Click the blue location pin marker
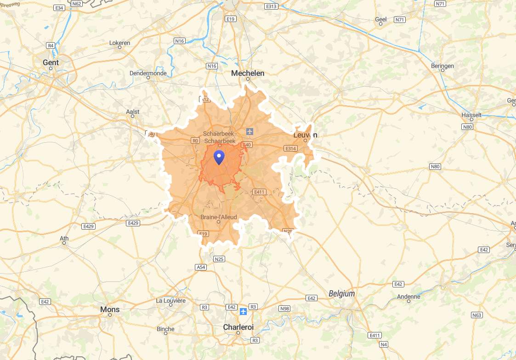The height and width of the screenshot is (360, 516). [x=219, y=157]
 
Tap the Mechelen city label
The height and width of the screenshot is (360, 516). [x=248, y=73]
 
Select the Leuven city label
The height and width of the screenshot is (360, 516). [x=306, y=135]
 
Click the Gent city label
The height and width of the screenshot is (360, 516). [x=51, y=62]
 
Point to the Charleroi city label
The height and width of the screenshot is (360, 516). [x=238, y=327]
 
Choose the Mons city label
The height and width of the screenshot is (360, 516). [x=110, y=309]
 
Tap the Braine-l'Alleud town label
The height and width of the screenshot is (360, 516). [x=218, y=217]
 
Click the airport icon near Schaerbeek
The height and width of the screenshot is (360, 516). [x=249, y=131]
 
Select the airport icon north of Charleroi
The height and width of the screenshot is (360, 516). [x=243, y=312]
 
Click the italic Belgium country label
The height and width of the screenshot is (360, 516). [x=342, y=293]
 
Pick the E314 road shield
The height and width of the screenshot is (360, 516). [x=291, y=149]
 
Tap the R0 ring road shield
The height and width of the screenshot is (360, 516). [x=196, y=141]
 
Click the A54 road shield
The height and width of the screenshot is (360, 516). [x=201, y=267]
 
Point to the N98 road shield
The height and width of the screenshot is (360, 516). [x=284, y=309]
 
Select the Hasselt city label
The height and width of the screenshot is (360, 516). [x=472, y=115]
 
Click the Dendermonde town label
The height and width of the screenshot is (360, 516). [x=148, y=73]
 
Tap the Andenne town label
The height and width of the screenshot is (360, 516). [x=409, y=297]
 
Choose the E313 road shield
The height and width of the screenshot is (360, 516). [x=271, y=6]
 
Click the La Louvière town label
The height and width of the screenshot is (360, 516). [x=171, y=301]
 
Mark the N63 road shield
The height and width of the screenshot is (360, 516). [x=477, y=315]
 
